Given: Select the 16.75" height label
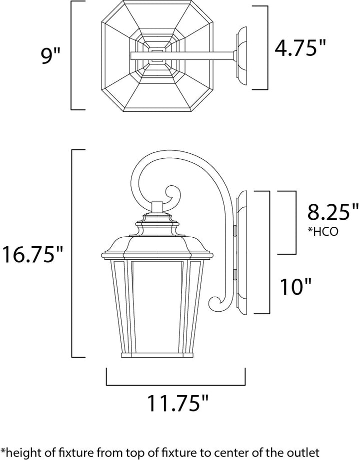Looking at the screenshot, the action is (x=32, y=254).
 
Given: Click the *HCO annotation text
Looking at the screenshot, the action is (x=322, y=231).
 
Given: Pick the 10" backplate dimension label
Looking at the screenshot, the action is (x=295, y=286).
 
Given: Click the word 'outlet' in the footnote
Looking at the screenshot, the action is (x=304, y=452).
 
